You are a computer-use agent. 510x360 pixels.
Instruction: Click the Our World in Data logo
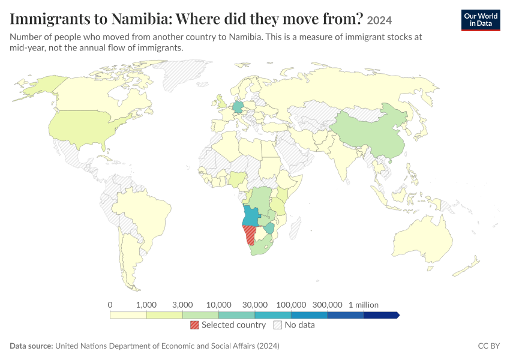pyautogui.click(x=481, y=20)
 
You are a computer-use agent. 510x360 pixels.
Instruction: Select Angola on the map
pyautogui.click(x=251, y=215)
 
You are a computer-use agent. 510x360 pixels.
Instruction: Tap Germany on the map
pyautogui.click(x=238, y=107)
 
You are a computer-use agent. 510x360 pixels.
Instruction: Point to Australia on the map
pyautogui.click(x=423, y=239)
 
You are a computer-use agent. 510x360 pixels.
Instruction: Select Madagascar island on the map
pyautogui.click(x=295, y=227)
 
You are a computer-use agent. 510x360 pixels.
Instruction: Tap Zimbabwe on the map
pyautogui.click(x=269, y=228)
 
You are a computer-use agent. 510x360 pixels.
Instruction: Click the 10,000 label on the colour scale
pyautogui.click(x=218, y=305)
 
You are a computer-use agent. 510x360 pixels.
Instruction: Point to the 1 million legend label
pyautogui.click(x=364, y=305)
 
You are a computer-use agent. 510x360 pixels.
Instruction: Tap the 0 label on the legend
pyautogui.click(x=110, y=305)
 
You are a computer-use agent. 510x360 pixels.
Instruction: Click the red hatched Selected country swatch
pyautogui.click(x=194, y=325)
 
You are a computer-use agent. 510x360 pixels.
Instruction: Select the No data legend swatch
pyautogui.click(x=278, y=325)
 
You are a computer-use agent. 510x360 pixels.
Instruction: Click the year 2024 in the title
pyautogui.click(x=379, y=20)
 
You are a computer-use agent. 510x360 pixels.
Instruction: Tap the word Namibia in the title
pyautogui.click(x=140, y=19)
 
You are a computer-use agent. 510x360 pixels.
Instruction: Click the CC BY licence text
pyautogui.click(x=489, y=346)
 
